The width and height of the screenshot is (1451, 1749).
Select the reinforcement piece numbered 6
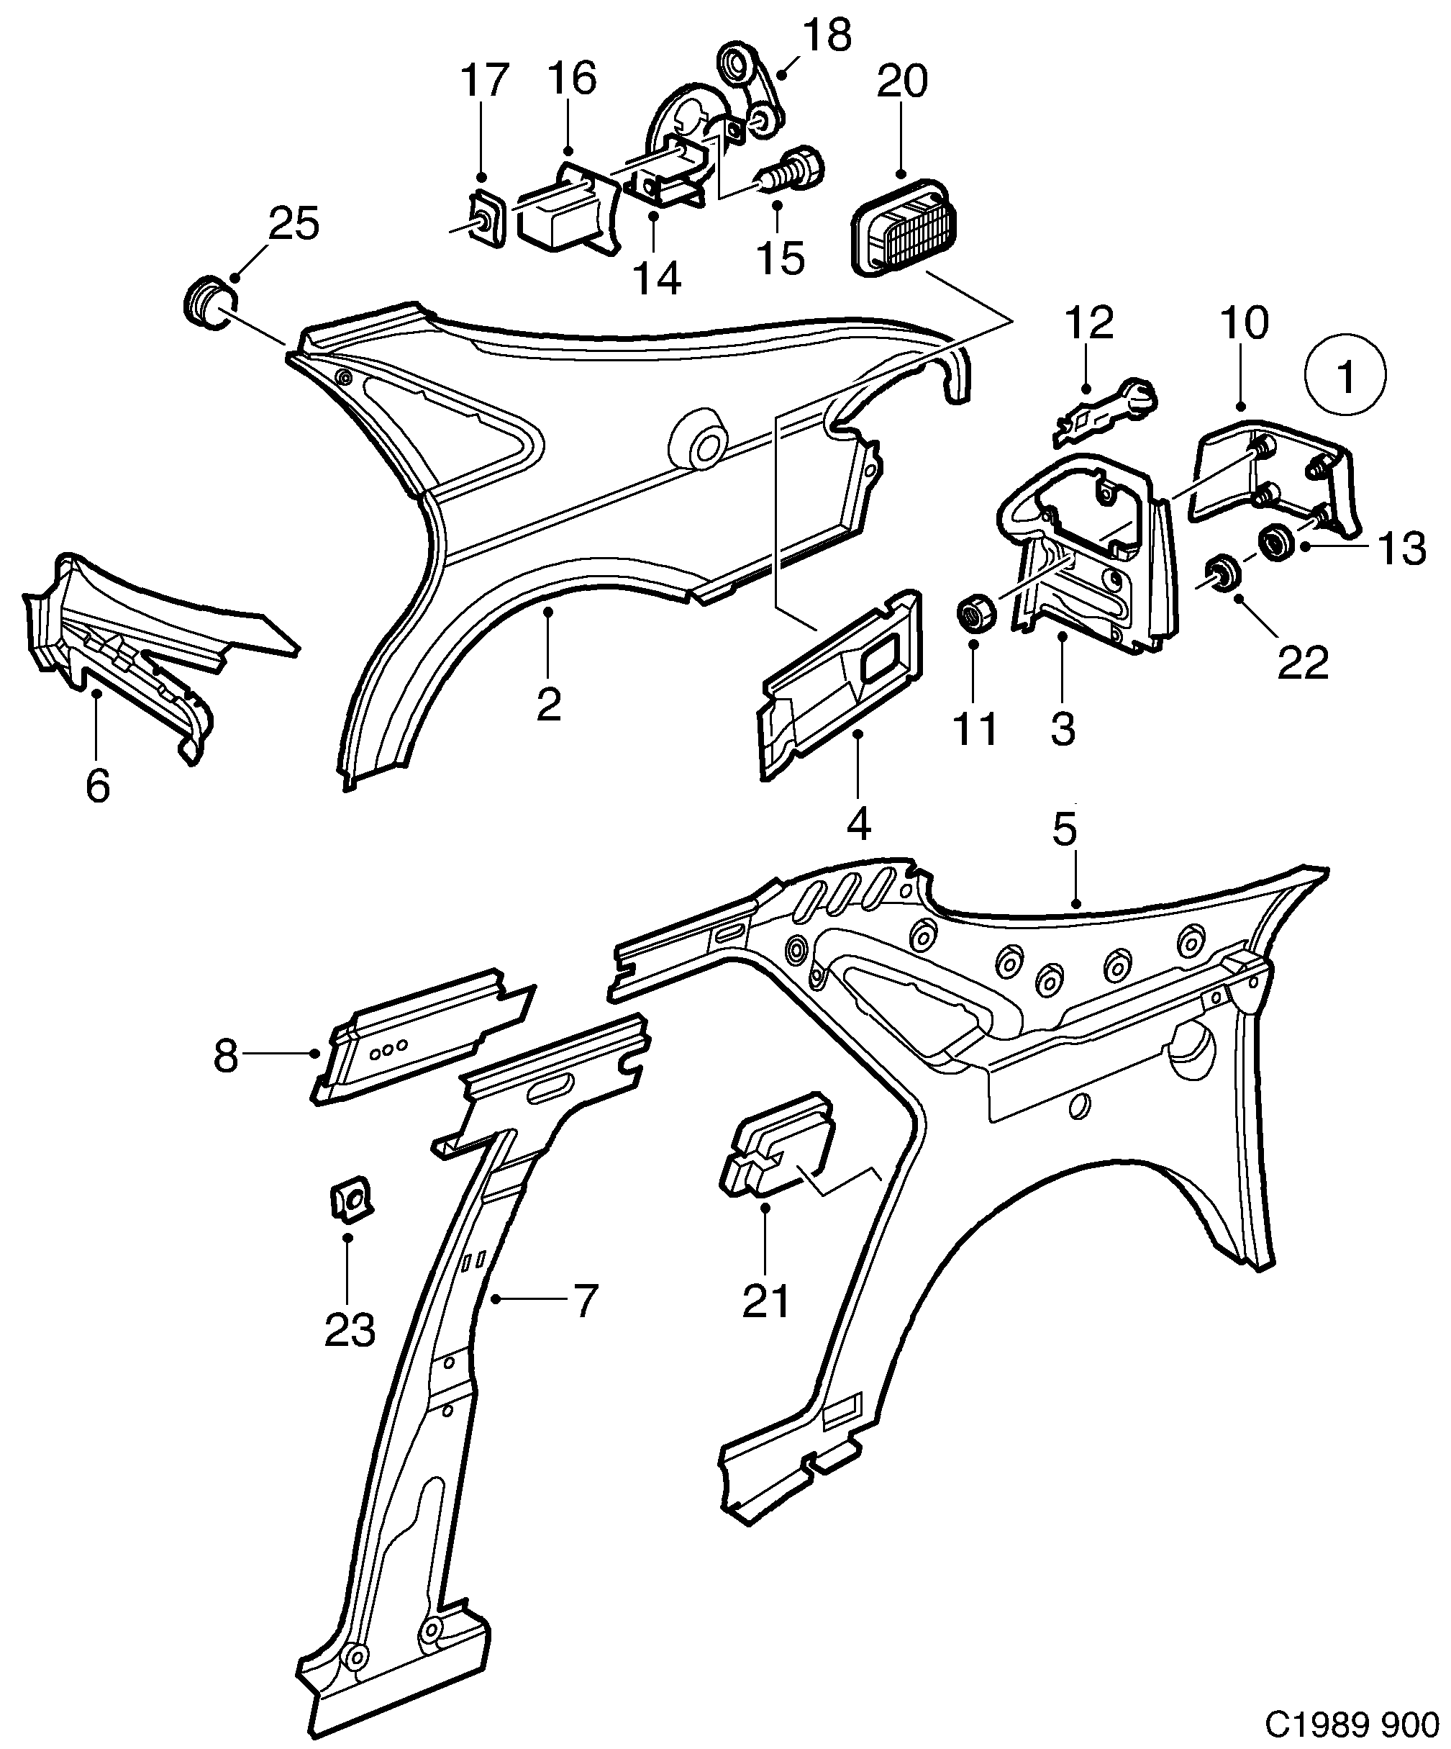point(117,641)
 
